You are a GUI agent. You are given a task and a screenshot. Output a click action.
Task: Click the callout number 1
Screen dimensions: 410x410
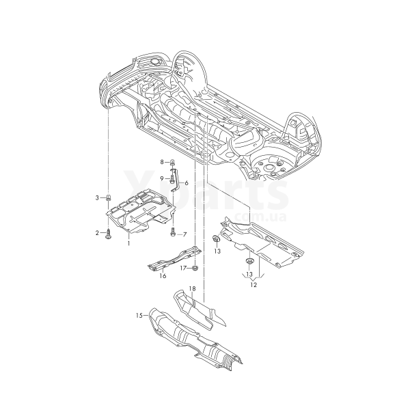[129, 243]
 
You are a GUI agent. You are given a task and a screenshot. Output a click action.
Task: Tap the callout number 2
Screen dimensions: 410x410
[97, 233]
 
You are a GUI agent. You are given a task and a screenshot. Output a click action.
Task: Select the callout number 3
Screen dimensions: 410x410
[97, 197]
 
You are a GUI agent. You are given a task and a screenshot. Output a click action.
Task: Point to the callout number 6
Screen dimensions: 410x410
[185, 184]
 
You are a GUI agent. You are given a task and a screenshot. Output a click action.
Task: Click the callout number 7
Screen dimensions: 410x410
[184, 234]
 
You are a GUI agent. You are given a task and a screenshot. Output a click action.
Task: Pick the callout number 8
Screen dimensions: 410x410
[162, 162]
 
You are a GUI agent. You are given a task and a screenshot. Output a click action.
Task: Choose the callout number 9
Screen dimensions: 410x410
[163, 178]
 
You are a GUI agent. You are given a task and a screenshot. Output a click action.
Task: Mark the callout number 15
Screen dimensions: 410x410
[139, 315]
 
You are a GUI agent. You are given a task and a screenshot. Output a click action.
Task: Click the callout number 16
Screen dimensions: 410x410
[163, 276]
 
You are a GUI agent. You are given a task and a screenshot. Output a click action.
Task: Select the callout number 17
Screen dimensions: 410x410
[183, 268]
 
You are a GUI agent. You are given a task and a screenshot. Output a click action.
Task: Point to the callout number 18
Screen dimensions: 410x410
[192, 290]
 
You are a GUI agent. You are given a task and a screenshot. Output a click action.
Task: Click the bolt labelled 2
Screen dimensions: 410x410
[109, 234]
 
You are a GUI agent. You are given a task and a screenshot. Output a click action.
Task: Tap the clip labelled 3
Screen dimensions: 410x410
[109, 198]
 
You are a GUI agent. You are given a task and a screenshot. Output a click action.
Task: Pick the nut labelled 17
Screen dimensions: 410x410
[194, 267]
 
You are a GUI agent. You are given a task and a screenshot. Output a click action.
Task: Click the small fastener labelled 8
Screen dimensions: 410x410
[172, 163]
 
